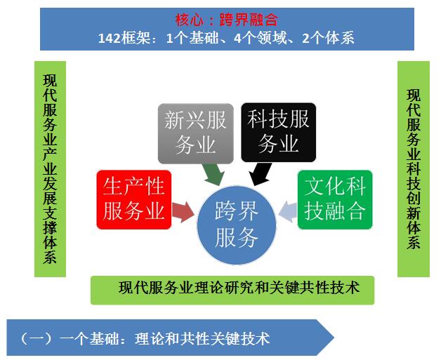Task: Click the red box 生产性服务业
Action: pos(134,199)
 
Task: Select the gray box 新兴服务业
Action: pos(196,133)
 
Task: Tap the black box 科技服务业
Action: pos(279,133)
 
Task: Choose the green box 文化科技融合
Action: pos(335,199)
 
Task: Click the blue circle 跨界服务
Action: pos(237,225)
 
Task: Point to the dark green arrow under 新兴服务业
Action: pos(213,174)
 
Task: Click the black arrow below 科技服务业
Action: pos(260,174)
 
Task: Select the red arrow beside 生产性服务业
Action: pos(183,212)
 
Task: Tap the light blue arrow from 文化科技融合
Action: pos(288,211)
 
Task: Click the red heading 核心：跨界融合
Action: pos(227,20)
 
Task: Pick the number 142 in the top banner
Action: pos(109,38)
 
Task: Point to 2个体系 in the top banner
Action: pos(328,38)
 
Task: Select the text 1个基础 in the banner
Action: pos(192,38)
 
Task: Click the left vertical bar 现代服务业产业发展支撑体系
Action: pos(50,168)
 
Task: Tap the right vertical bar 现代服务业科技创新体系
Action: pos(414,168)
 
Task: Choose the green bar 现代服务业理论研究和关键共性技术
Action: pos(232,290)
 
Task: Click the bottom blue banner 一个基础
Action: pos(171,338)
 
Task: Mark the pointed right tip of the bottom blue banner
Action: pos(334,338)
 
